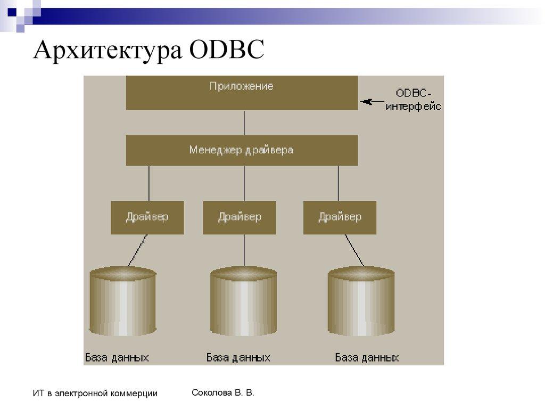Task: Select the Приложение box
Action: click(242, 93)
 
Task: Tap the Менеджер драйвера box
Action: click(242, 150)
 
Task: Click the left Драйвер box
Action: click(147, 217)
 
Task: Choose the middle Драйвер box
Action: click(240, 217)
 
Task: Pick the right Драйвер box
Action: click(340, 217)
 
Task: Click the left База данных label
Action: click(117, 357)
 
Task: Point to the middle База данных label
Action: click(238, 357)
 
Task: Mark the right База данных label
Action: click(367, 357)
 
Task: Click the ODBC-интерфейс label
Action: click(414, 100)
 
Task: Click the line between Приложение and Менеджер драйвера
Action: click(244, 122)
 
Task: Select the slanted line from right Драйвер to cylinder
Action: click(354, 250)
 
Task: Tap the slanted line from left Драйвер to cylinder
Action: click(137, 250)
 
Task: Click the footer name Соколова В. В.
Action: click(223, 393)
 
